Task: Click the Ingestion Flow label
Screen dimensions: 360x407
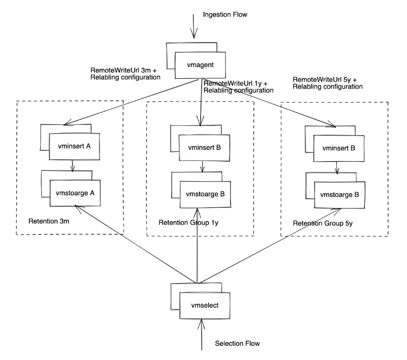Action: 225,15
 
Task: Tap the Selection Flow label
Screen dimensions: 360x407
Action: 237,344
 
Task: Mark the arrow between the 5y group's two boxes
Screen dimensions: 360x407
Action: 337,167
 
